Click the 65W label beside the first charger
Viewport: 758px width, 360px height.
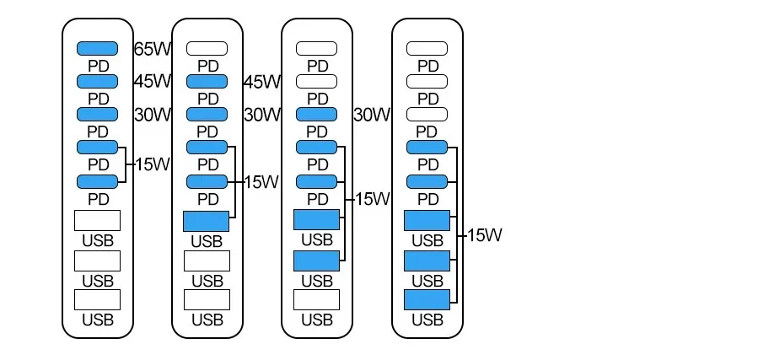pos(153,48)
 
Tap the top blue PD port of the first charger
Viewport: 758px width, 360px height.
pos(98,49)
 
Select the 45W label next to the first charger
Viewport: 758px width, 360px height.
pos(153,81)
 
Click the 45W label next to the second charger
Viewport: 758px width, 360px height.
pos(261,82)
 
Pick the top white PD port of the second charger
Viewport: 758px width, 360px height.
pos(207,49)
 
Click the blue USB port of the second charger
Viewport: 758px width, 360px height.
pos(207,222)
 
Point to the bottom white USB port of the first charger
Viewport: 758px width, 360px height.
pos(98,300)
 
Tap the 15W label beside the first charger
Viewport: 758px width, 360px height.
pos(153,164)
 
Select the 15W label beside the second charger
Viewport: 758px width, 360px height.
pos(261,181)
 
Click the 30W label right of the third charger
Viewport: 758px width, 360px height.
pos(372,114)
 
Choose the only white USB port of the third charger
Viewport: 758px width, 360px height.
pos(317,300)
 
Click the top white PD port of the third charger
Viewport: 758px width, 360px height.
pos(317,49)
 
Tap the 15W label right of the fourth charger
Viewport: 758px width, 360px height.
pos(483,235)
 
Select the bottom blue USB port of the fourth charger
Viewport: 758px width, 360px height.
pos(427,300)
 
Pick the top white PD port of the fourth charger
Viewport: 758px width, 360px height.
pos(427,49)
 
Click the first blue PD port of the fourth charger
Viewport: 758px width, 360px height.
pos(427,147)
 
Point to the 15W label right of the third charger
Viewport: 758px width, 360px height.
pos(372,199)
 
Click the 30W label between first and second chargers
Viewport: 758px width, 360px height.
pos(153,114)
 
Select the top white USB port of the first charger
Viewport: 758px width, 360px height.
pos(98,221)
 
